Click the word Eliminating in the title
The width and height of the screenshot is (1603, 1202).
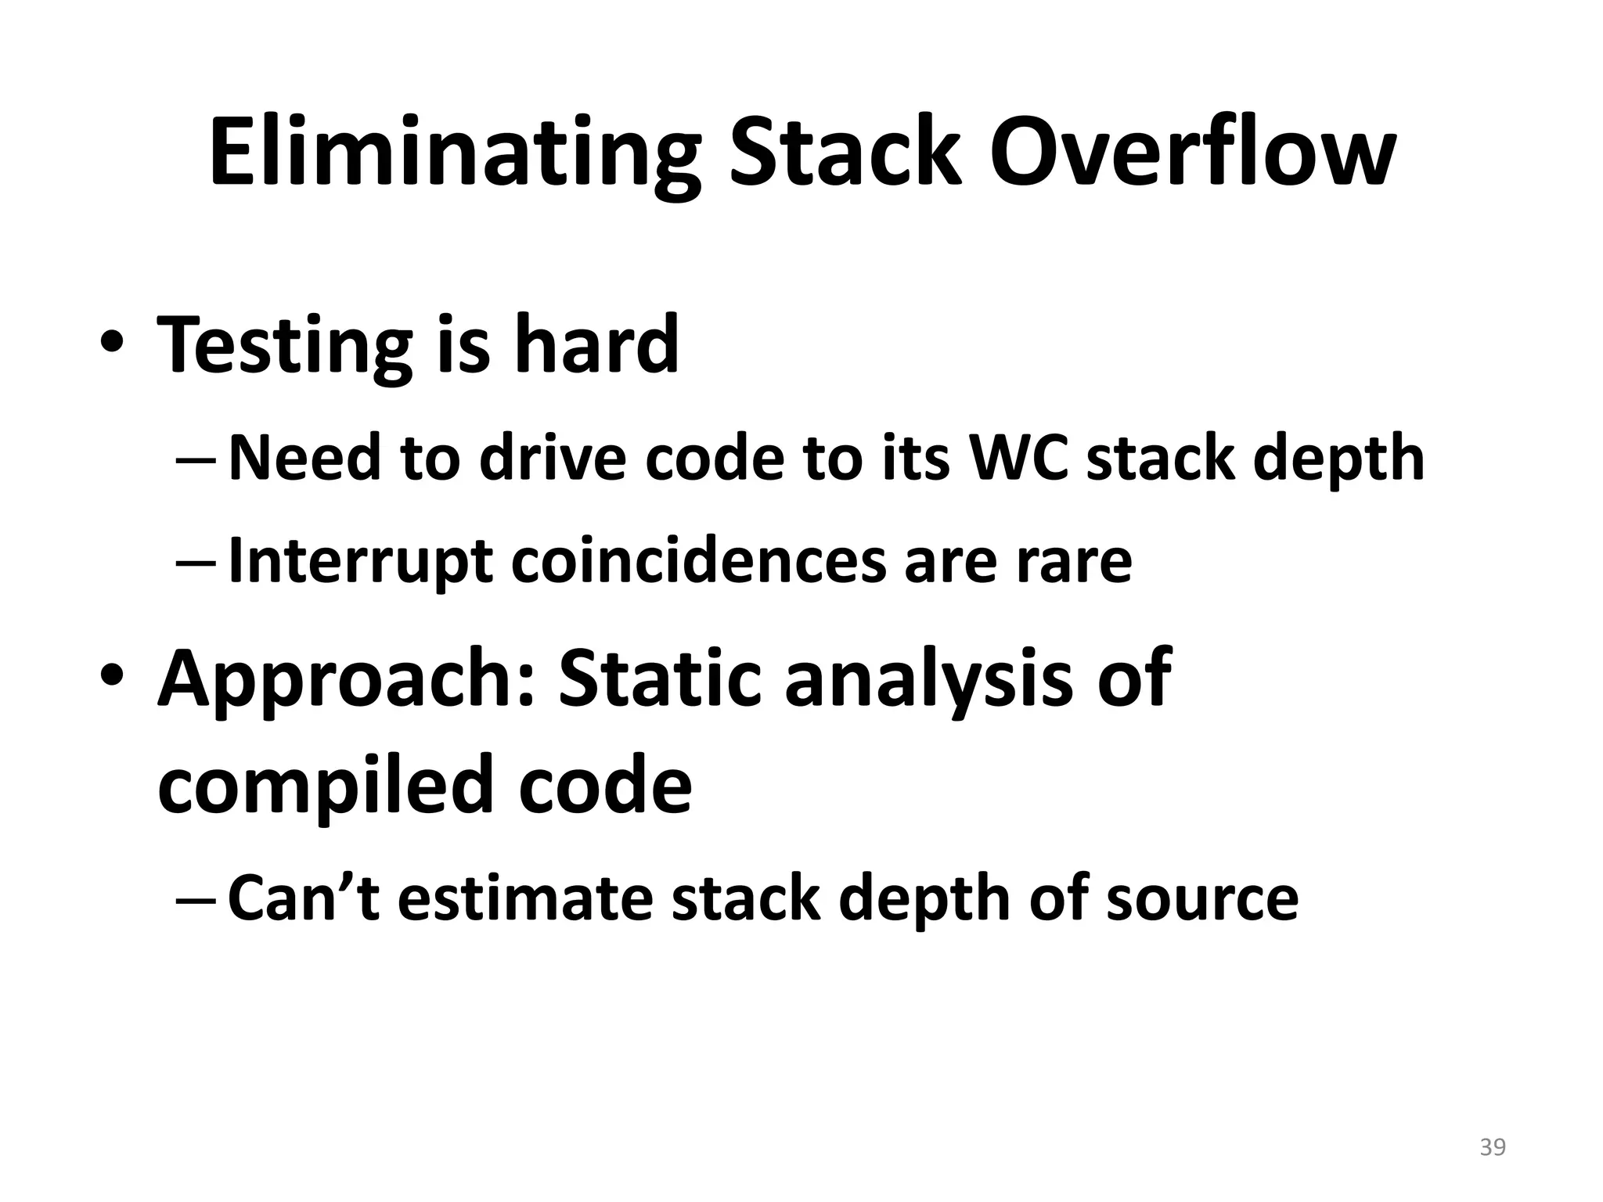coord(454,153)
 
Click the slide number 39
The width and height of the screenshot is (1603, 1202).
coord(1493,1147)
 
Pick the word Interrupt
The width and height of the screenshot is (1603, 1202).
coord(360,561)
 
